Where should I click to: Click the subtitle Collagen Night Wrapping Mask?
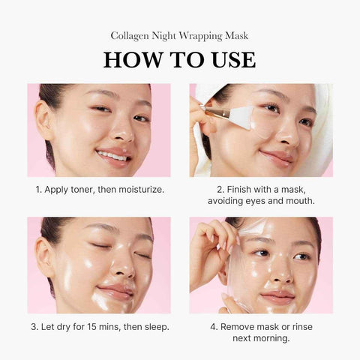(179, 34)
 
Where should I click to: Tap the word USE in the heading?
(228, 59)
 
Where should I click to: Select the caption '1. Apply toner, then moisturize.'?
(98, 189)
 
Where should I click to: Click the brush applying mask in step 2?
(225, 114)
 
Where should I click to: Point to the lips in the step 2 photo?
(275, 157)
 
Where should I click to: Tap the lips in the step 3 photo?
(114, 289)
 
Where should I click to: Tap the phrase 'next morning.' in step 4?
(261, 338)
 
